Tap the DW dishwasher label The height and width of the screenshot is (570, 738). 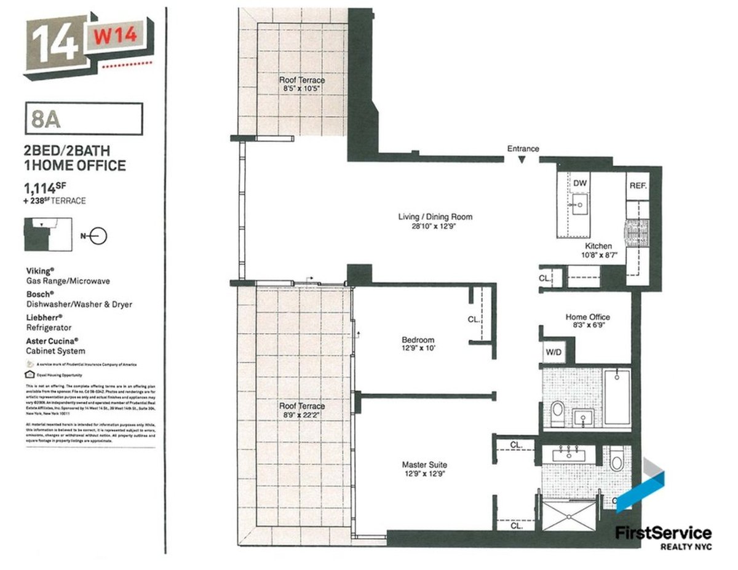[579, 183]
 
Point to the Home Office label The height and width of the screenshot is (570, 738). [587, 317]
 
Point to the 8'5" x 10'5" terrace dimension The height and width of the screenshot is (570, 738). [301, 89]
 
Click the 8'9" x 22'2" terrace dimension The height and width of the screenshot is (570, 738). [301, 415]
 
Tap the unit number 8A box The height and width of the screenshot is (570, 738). [84, 119]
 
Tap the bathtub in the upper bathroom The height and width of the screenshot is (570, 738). [617, 397]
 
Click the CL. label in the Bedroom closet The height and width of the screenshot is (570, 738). [474, 319]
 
